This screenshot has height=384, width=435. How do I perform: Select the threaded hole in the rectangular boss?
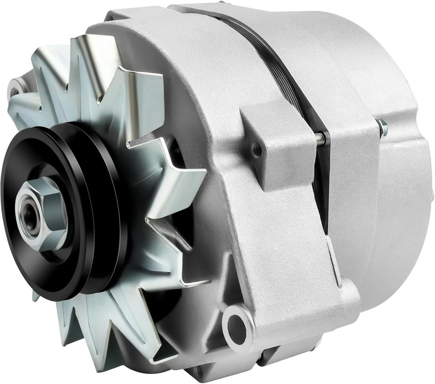[x=255, y=151]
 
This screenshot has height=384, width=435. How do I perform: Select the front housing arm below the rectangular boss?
[x=278, y=242]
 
